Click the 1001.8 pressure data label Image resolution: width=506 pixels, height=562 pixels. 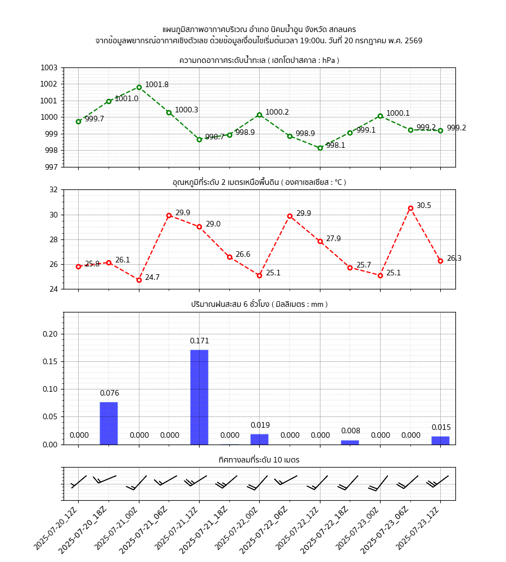coord(156,85)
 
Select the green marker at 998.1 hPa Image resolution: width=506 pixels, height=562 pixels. coord(320,148)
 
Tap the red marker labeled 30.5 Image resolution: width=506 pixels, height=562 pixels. coord(410,208)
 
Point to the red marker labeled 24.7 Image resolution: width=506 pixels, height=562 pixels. coord(139,280)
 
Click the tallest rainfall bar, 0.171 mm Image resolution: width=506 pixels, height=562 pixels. coord(199,397)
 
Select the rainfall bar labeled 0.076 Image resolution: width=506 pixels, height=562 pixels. coord(109,423)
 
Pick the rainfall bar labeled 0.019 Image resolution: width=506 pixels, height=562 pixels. coord(259,439)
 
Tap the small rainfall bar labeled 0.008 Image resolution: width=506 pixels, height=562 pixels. coord(350,442)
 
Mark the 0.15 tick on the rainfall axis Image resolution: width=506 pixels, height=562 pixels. coord(51,361)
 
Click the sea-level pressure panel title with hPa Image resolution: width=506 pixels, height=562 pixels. coord(259,60)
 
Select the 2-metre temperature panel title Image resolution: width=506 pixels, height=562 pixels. coord(259,182)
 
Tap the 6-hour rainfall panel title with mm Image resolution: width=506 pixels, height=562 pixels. coord(259,304)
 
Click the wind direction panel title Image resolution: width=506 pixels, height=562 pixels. coord(259,460)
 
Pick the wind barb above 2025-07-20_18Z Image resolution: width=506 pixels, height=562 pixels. coord(105,479)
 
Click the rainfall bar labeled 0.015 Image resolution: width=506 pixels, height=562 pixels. coord(440,440)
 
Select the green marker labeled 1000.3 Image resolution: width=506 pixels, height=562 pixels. coord(169,112)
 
